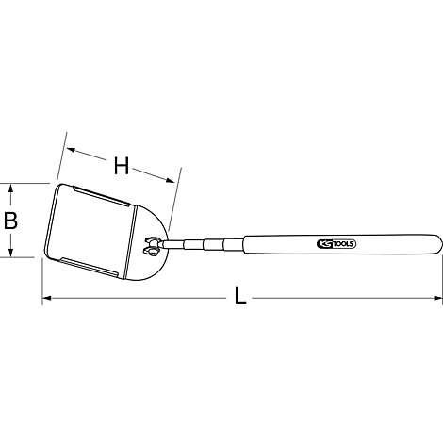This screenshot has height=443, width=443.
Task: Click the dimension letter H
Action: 122,166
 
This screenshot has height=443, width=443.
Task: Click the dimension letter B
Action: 10,221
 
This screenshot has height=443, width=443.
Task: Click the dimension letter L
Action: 240,296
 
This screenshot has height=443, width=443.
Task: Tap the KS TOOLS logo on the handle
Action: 336,244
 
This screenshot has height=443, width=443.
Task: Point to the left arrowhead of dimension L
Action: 46,298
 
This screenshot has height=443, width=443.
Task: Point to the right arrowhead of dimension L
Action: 438,298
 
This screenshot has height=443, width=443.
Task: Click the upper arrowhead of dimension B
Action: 10,189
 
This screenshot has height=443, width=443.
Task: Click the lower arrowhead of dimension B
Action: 10,253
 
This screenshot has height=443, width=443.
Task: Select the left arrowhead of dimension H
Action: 71,150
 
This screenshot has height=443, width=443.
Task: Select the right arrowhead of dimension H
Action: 170,180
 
